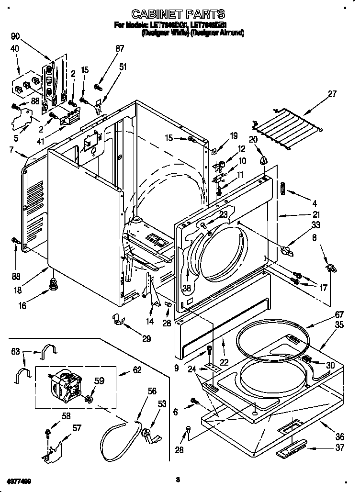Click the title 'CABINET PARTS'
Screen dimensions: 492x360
coord(179,14)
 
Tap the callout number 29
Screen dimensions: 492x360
coord(146,339)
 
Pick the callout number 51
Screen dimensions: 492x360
coord(123,67)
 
